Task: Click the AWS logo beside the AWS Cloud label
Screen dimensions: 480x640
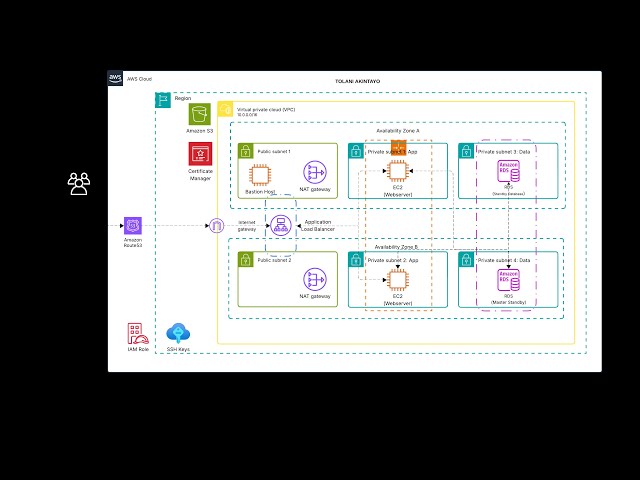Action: click(116, 78)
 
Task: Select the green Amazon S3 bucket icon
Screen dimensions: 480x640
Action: click(200, 114)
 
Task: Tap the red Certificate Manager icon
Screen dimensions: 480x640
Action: click(200, 154)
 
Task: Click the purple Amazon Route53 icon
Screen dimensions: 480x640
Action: click(133, 226)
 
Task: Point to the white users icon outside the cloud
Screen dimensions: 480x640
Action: click(78, 183)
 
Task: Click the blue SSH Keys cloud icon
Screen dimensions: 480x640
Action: click(178, 334)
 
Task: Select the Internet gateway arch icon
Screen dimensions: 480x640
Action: click(216, 226)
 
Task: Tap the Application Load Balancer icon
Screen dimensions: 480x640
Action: click(280, 226)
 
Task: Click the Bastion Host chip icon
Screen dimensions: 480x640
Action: click(261, 173)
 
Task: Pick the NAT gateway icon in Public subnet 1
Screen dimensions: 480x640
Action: click(315, 172)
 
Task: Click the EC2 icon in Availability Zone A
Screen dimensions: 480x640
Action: click(398, 172)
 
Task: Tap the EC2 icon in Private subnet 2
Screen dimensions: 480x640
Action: click(398, 280)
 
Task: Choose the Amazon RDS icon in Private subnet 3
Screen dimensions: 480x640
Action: click(509, 171)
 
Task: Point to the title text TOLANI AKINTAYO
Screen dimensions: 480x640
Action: click(357, 81)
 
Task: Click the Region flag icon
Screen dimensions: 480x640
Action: click(163, 99)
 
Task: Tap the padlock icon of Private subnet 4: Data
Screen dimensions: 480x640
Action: click(466, 260)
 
